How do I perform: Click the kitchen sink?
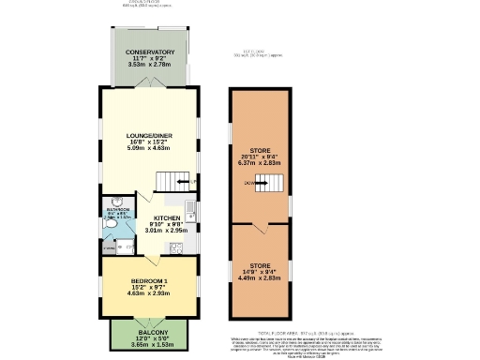point(189,207)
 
